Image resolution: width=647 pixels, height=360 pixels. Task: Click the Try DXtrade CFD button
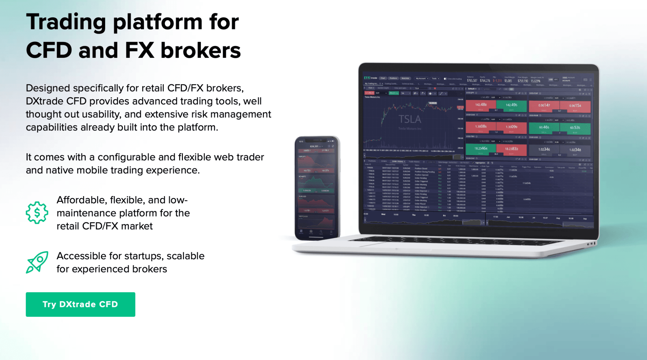[x=80, y=304]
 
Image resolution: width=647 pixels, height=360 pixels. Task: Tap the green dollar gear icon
[x=37, y=213]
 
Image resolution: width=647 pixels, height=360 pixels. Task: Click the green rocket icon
[x=37, y=262]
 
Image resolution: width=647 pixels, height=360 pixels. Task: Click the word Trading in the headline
[x=66, y=22]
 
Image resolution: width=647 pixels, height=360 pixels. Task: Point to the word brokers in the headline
[x=200, y=51]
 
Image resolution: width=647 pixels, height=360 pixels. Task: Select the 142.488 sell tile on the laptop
[x=481, y=105]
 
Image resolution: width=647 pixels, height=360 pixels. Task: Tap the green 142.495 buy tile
[x=511, y=105]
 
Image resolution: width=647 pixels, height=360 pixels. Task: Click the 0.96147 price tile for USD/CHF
[x=544, y=106]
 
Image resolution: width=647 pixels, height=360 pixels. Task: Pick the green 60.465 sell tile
[x=544, y=128]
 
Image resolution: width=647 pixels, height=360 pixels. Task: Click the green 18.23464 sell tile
[x=481, y=149]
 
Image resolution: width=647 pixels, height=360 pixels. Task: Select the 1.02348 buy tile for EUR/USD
[x=575, y=150]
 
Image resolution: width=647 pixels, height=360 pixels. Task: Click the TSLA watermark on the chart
[x=410, y=119]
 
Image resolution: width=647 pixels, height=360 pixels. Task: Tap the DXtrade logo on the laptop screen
[x=370, y=78]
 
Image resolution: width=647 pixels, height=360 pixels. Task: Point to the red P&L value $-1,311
[x=497, y=81]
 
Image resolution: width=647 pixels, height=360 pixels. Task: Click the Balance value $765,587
[x=472, y=81]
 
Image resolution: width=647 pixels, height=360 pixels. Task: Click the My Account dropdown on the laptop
[x=421, y=78]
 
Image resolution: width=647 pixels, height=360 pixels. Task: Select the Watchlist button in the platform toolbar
[x=405, y=78]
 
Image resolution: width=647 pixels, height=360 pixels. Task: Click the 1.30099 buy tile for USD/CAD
[x=511, y=127]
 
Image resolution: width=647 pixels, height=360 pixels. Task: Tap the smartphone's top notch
[x=317, y=140]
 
